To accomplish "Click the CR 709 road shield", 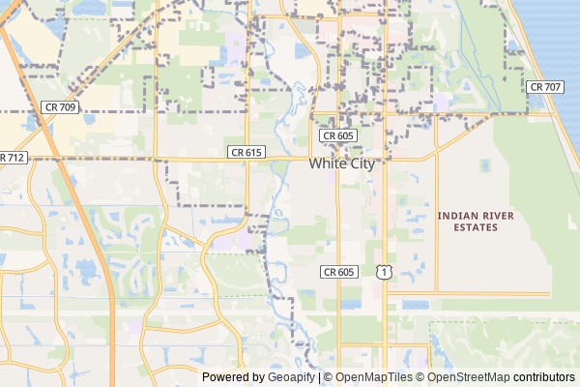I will (61, 106).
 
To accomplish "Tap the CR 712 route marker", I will (12, 157).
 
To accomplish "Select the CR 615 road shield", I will (246, 152).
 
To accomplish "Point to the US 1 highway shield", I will (384, 273).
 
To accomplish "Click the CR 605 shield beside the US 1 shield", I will (338, 273).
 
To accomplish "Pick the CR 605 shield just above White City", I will (338, 137).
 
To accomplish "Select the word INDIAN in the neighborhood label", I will (455, 214).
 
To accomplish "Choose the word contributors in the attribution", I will (543, 377).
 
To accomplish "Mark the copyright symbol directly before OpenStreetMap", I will (420, 377).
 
